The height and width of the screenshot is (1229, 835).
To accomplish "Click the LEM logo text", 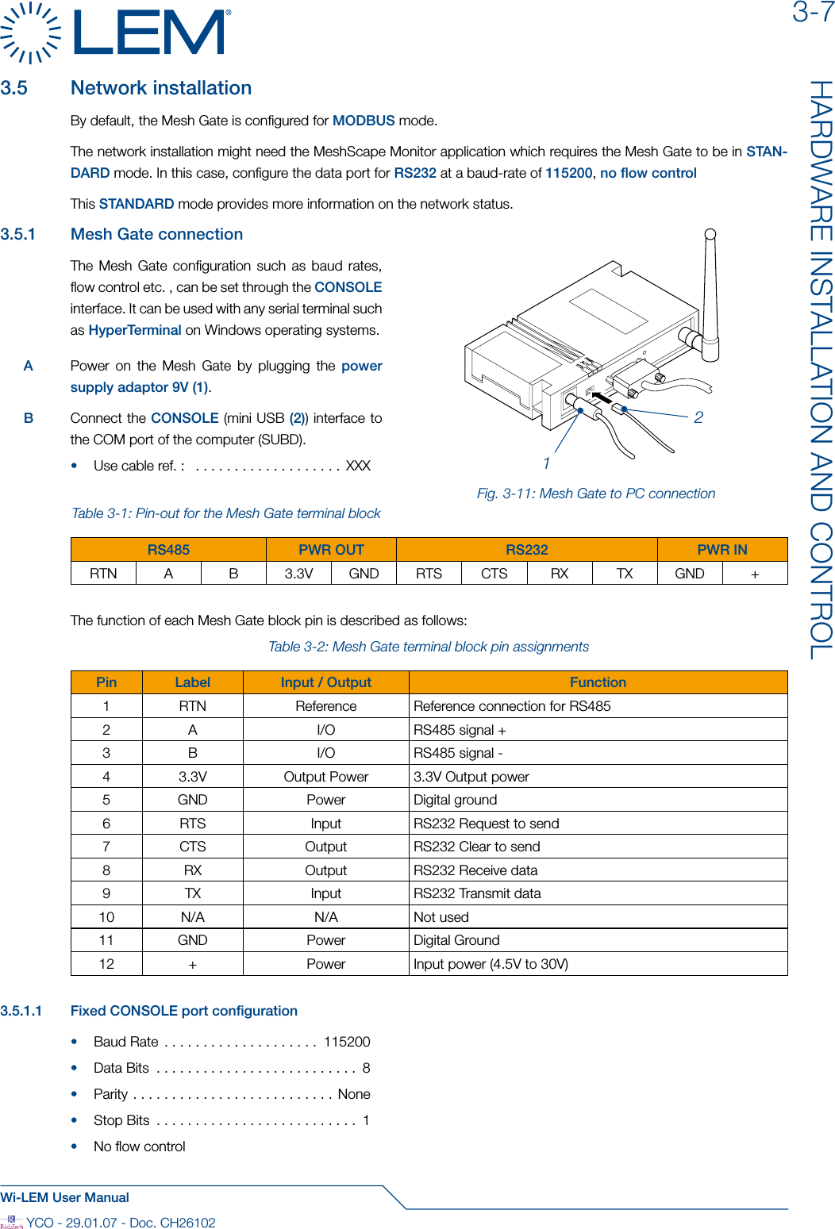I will tap(151, 33).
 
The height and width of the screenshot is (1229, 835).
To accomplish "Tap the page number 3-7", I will tap(812, 13).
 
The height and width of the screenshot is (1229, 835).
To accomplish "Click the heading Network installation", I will tap(160, 88).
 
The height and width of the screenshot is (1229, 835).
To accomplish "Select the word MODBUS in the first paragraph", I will tap(363, 121).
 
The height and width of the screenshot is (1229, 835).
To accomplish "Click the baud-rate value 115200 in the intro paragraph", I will tap(568, 173).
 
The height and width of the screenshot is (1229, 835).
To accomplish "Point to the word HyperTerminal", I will tap(135, 330).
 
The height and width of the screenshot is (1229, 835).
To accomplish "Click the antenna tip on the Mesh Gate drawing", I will tap(710, 234).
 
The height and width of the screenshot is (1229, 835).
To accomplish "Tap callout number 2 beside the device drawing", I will tap(698, 417).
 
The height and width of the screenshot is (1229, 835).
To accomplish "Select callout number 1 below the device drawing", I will tap(546, 463).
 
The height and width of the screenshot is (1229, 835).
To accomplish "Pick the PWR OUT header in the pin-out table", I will tap(331, 550).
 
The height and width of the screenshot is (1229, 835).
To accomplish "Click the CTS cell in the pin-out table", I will tap(494, 574).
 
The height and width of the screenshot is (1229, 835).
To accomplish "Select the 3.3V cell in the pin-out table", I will tap(298, 574).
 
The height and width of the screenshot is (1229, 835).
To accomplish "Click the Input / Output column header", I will tap(325, 682).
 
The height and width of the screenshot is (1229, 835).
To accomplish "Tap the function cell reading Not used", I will tap(441, 917).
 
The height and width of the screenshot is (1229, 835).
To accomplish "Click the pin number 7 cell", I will tap(106, 847).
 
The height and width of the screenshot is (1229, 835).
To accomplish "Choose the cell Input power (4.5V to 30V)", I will tap(491, 964).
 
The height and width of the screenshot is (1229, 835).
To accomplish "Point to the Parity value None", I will tap(354, 1094).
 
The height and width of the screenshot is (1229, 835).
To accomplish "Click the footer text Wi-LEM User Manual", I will tap(65, 1197).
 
